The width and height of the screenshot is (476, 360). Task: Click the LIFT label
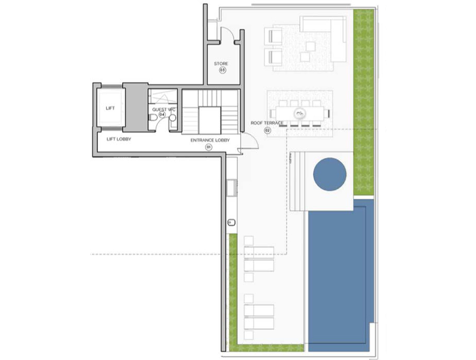point(110,108)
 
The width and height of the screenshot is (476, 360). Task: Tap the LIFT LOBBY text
point(119,139)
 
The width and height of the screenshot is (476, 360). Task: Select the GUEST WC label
point(164,110)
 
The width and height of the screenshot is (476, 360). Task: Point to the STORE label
point(221,64)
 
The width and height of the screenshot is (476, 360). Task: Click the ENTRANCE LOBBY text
point(210,140)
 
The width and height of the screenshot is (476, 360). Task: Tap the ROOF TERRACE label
point(267,123)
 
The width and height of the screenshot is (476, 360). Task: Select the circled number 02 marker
point(267,130)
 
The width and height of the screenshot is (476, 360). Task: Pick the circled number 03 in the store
point(221,70)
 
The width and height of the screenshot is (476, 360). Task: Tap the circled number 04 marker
point(161,115)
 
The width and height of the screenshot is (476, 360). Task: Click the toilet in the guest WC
point(154,118)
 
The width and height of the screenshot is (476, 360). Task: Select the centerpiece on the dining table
point(299,113)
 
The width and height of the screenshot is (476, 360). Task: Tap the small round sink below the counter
point(230,221)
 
